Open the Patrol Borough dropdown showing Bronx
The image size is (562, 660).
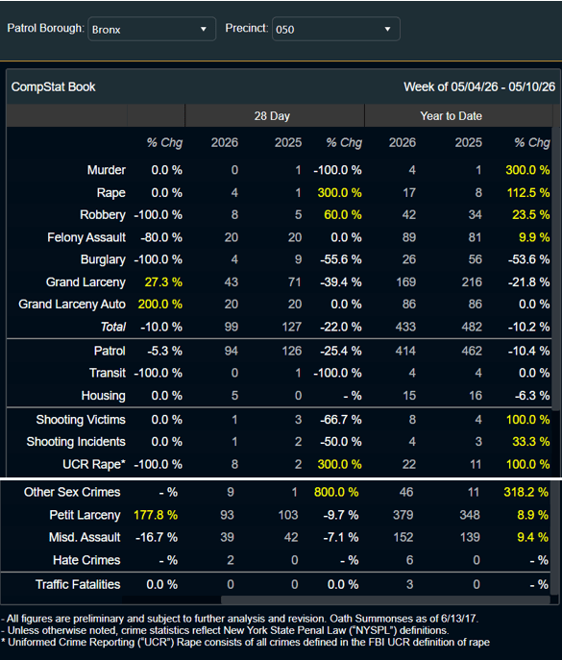[152, 29]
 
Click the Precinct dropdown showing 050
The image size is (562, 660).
[336, 29]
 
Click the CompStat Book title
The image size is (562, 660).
[54, 87]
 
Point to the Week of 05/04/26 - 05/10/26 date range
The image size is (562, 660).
[479, 87]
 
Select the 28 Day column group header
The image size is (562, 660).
[272, 116]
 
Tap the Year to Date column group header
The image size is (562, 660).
[451, 116]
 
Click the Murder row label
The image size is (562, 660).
[106, 170]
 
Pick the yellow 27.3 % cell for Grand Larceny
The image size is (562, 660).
[163, 282]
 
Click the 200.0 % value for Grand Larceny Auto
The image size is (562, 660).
[160, 305]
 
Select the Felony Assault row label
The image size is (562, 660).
[86, 237]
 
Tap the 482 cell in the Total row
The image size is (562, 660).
[472, 327]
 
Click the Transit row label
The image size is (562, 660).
[108, 373]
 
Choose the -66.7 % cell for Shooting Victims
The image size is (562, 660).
[341, 420]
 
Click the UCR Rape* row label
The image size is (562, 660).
[94, 464]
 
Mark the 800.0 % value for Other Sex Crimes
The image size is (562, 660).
[336, 492]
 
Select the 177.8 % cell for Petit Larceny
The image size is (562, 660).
[156, 515]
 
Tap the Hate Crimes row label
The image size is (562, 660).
[86, 560]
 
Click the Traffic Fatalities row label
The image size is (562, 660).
[78, 585]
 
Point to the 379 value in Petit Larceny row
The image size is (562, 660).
[403, 515]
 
